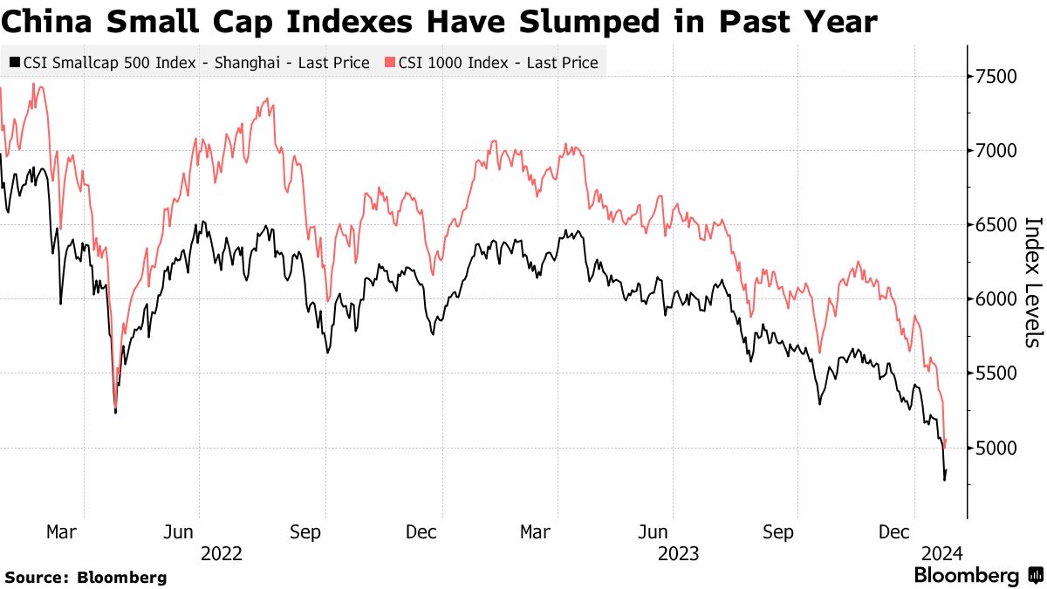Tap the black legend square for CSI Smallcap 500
click(x=14, y=63)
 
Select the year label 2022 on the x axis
click(x=221, y=552)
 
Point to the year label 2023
click(x=677, y=552)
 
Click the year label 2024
click(x=941, y=552)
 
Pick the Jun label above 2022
click(x=179, y=531)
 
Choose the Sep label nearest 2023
click(x=779, y=531)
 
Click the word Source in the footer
click(x=32, y=577)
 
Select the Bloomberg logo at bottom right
click(x=977, y=576)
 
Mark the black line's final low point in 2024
click(x=944, y=479)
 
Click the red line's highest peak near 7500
click(x=33, y=84)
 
